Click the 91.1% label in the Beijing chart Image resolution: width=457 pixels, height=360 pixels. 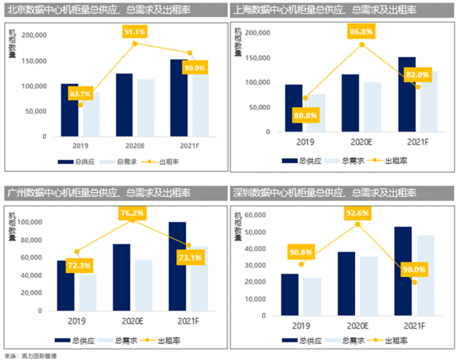click(x=135, y=32)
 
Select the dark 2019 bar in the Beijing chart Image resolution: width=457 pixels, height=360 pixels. click(x=70, y=110)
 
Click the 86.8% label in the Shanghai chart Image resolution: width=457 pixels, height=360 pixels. click(x=362, y=33)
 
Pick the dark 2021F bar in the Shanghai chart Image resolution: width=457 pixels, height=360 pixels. click(x=406, y=94)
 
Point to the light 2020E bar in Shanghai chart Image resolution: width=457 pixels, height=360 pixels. click(x=372, y=107)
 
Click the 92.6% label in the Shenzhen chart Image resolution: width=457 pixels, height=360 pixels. click(x=358, y=213)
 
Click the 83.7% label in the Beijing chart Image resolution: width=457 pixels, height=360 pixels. click(x=81, y=94)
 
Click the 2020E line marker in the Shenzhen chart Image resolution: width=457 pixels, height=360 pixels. click(x=358, y=224)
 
